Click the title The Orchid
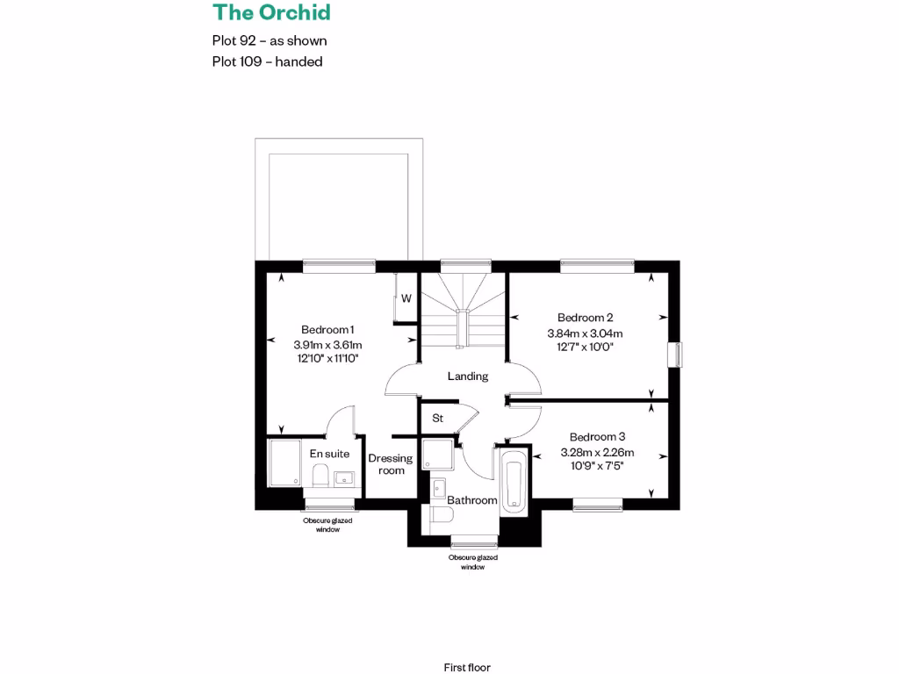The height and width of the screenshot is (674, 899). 271,12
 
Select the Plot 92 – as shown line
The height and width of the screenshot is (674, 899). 270,40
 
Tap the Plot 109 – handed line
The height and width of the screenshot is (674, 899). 267,61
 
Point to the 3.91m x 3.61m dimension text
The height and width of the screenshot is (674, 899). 327,344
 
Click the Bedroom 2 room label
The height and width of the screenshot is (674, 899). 585,318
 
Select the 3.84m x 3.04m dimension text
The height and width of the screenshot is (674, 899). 585,333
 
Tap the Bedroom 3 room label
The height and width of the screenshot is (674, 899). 597,437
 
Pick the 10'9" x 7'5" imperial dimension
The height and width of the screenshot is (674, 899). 597,467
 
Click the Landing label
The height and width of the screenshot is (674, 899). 467,376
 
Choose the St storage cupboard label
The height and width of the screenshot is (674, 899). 437,419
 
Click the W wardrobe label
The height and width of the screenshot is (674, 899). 406,298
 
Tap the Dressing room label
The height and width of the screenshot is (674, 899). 391,464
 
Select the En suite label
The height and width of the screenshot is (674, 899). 329,454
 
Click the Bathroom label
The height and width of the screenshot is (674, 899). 472,500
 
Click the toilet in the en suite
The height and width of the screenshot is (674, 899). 320,477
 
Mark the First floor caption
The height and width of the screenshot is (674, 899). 467,643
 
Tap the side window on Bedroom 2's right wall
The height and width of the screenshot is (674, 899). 674,354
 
